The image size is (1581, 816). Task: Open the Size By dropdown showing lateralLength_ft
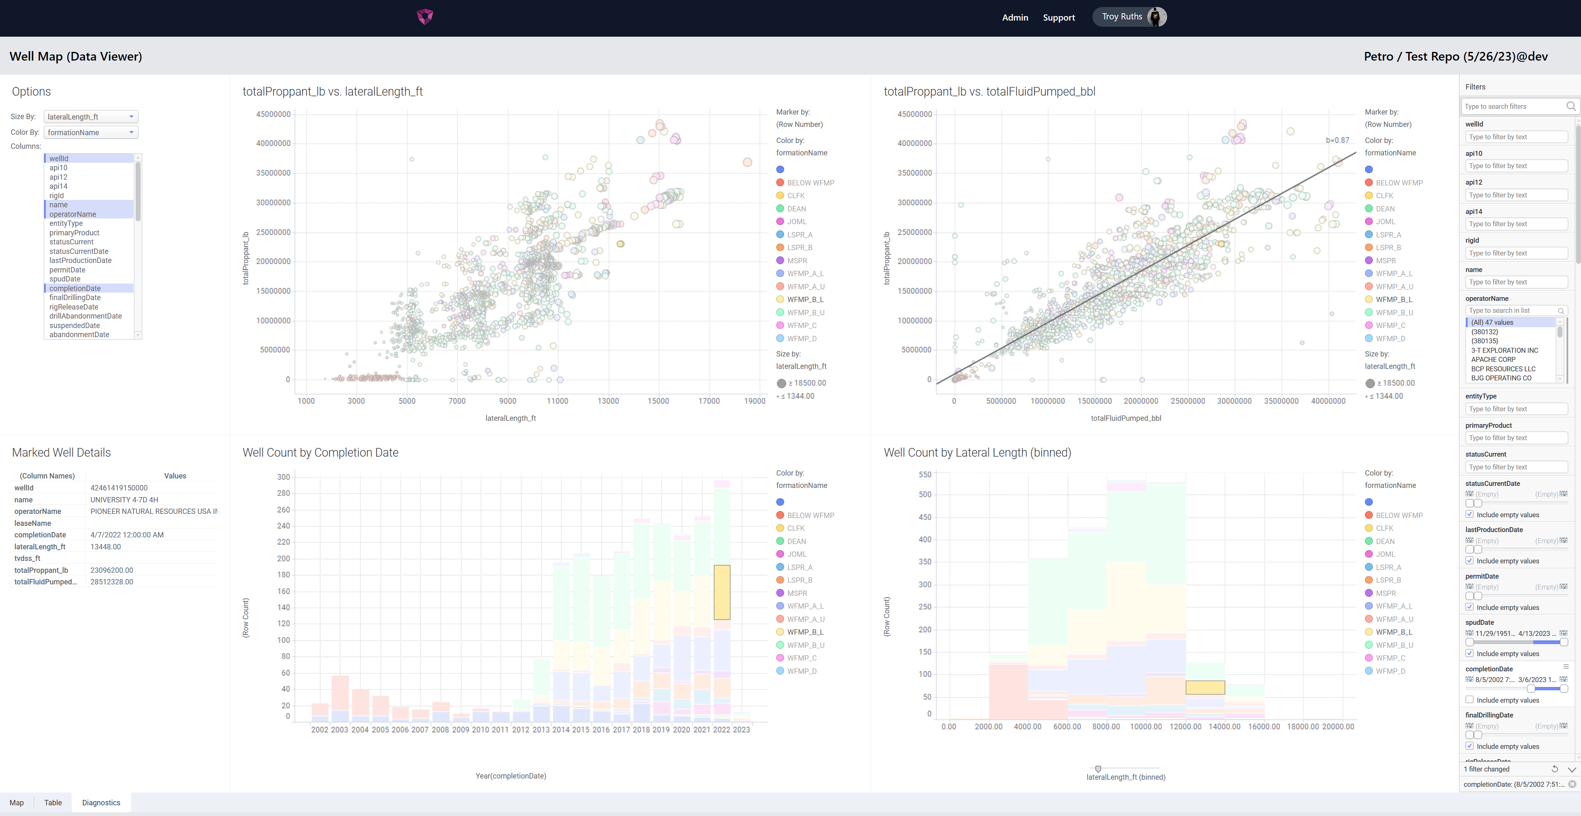coord(90,117)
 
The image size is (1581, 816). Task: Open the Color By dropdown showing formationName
coord(90,133)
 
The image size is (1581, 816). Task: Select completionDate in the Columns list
coord(75,288)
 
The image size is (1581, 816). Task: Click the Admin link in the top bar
coord(1015,18)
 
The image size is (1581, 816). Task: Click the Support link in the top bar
coord(1058,18)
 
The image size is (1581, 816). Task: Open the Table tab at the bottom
coord(53,802)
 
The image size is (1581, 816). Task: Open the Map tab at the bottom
coord(16,802)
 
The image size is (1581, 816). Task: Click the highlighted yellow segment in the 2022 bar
coord(722,592)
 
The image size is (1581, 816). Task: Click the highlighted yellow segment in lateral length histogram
coord(1205,687)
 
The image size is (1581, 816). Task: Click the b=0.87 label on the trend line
coord(1337,140)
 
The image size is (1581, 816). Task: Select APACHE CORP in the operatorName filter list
coord(1493,359)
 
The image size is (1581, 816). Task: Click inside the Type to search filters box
coord(1513,107)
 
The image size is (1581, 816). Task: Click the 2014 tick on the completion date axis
coord(560,729)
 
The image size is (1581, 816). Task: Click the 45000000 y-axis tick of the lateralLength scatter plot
coord(273,114)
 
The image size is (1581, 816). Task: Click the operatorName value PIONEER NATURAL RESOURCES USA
coord(153,511)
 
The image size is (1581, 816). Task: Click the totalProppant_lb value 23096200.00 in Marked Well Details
coord(112,570)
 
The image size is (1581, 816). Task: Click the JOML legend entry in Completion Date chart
coord(796,554)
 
